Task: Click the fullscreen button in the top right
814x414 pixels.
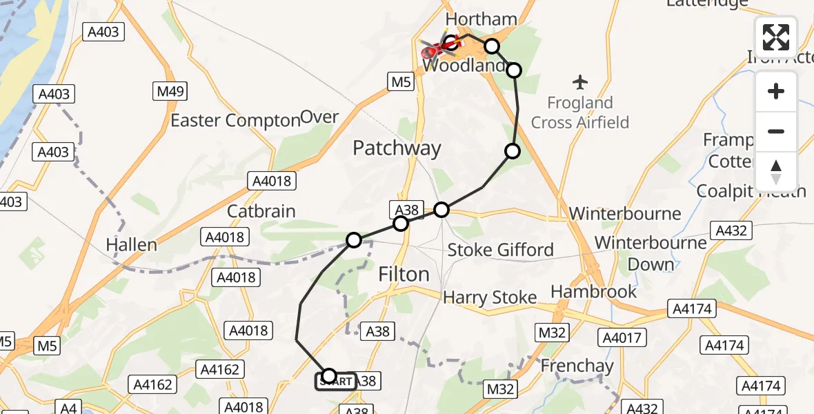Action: pyautogui.click(x=776, y=37)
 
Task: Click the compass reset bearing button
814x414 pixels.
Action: pyautogui.click(x=776, y=172)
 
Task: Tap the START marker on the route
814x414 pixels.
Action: pyautogui.click(x=336, y=381)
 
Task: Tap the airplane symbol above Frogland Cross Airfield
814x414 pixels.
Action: pyautogui.click(x=580, y=83)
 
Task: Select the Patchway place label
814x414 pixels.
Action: pyautogui.click(x=397, y=148)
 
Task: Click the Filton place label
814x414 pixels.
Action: pyautogui.click(x=404, y=274)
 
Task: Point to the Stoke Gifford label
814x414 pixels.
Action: pyautogui.click(x=500, y=249)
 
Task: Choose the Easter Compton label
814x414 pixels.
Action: pyautogui.click(x=235, y=120)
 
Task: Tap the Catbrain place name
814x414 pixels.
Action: pyautogui.click(x=261, y=211)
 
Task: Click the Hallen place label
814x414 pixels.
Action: pyautogui.click(x=131, y=244)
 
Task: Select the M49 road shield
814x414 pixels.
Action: pyautogui.click(x=169, y=91)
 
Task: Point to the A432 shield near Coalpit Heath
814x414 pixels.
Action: pyautogui.click(x=731, y=230)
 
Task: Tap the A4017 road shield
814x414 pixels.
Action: pyautogui.click(x=624, y=337)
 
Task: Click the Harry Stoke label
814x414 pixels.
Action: pyautogui.click(x=490, y=297)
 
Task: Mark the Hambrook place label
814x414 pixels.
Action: pyautogui.click(x=594, y=291)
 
